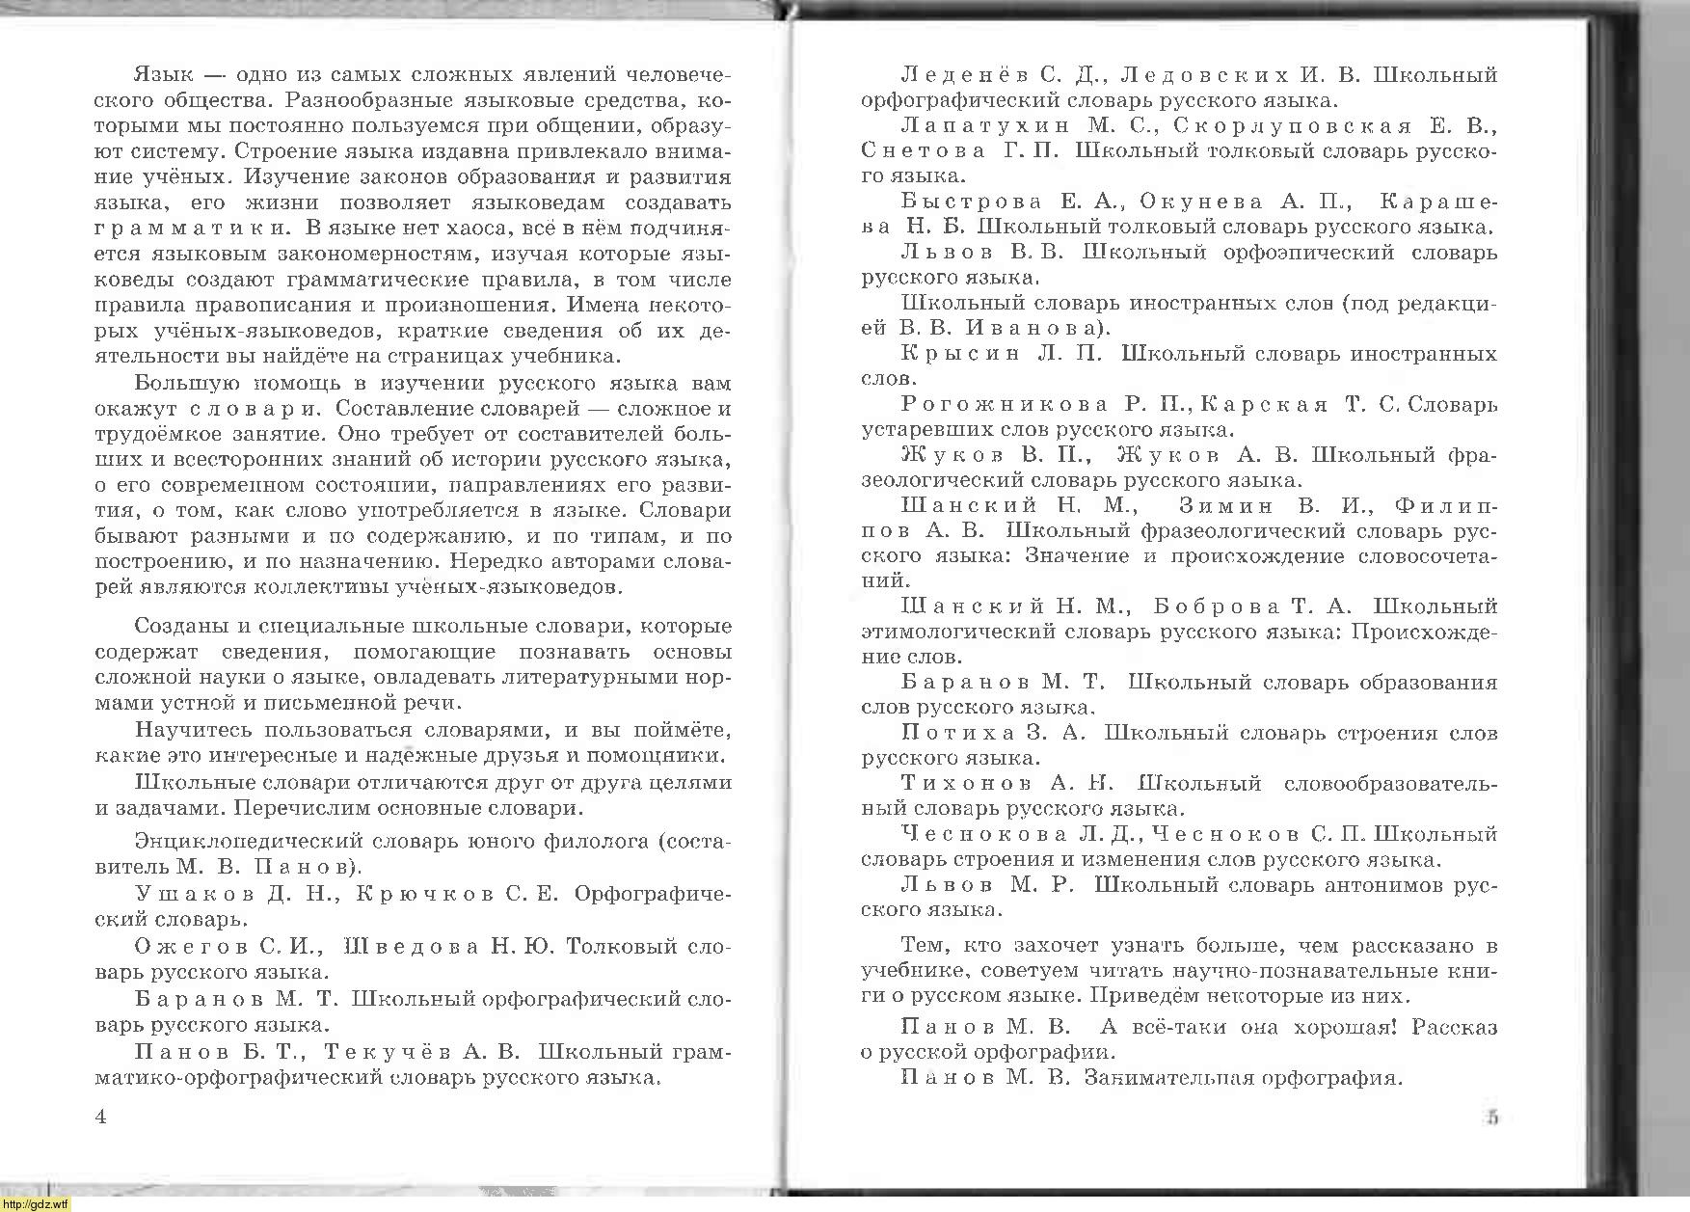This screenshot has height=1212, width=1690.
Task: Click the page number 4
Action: [x=100, y=1118]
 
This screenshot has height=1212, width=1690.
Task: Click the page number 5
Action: [x=1491, y=1118]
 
